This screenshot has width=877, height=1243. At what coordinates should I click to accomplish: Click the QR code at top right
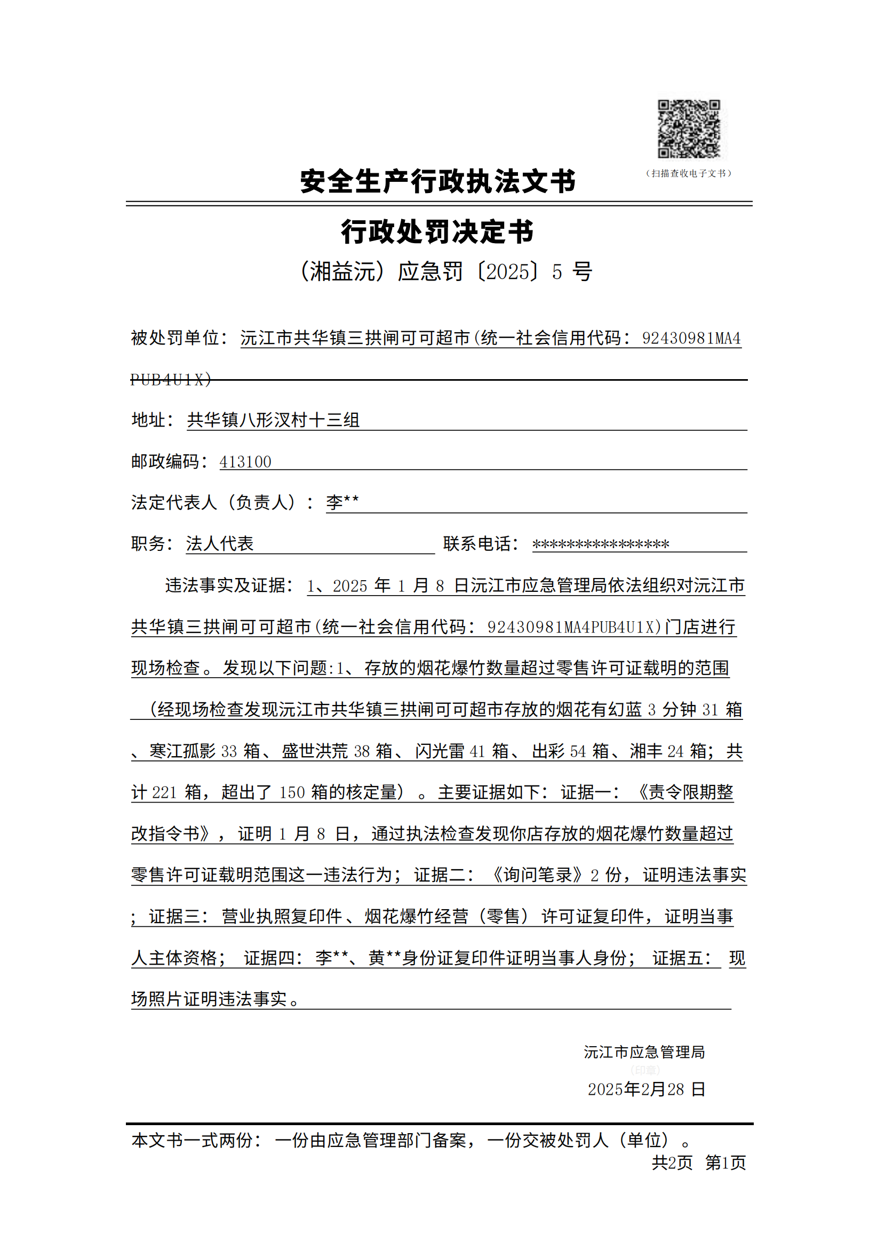[x=689, y=130]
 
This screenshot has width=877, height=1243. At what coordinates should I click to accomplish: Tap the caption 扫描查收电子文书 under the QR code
[x=689, y=173]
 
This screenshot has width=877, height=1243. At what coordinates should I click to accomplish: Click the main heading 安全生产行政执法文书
[x=437, y=181]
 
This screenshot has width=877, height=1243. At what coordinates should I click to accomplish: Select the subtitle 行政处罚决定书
[x=437, y=232]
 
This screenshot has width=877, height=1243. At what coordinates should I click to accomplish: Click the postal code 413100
[x=245, y=462]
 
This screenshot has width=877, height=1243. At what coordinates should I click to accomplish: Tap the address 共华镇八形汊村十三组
[x=273, y=420]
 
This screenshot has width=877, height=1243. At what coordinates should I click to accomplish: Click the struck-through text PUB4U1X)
[x=171, y=380]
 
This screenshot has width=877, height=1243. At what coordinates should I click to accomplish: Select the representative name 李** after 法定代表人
[x=342, y=502]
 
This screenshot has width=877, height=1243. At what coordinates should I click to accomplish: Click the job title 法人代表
[x=219, y=543]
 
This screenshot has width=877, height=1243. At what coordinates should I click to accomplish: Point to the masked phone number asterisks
[x=601, y=544]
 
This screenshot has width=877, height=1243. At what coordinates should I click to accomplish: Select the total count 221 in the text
[x=164, y=792]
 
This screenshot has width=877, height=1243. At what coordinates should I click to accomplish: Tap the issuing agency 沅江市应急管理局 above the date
[x=644, y=1052]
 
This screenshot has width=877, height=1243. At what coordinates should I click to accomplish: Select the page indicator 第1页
[x=725, y=1162]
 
